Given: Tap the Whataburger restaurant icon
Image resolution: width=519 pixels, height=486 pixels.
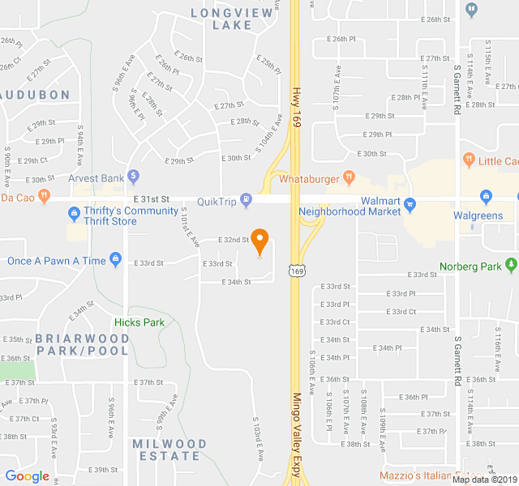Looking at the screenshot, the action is click(x=348, y=177).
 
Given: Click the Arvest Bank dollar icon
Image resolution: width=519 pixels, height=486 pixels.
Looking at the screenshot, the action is click(x=134, y=177).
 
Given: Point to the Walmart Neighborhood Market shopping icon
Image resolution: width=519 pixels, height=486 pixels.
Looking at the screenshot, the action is click(x=410, y=203).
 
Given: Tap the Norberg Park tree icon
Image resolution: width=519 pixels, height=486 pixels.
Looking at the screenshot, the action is click(x=510, y=265).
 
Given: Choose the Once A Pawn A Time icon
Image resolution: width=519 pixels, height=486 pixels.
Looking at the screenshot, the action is click(x=116, y=260).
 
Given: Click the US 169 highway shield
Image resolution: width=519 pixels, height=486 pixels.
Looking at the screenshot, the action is click(x=299, y=267).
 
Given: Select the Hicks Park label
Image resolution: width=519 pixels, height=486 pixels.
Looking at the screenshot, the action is click(x=139, y=322).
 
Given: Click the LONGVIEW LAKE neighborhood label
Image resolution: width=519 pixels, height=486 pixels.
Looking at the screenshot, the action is click(x=221, y=19).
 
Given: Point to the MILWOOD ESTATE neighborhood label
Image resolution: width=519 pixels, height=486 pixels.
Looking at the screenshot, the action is click(x=169, y=450).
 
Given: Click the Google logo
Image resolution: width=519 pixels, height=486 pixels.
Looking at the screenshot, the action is click(x=28, y=476).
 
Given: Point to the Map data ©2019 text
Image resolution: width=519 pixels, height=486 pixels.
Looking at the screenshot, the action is click(x=483, y=480).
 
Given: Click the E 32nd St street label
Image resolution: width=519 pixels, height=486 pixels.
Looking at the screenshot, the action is click(x=234, y=240).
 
